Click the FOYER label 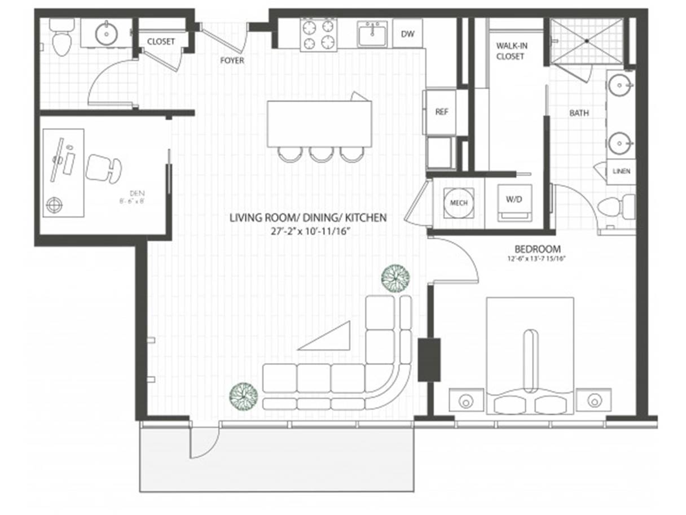(232, 60)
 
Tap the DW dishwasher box (407, 34)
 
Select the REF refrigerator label (441, 112)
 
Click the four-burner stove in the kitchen (318, 35)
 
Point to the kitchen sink (372, 34)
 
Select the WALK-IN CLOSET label (510, 51)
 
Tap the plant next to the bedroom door (395, 278)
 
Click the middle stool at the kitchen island (322, 154)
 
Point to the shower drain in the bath (587, 41)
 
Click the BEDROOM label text (537, 248)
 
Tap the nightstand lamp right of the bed (593, 400)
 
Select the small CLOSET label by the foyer (161, 42)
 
